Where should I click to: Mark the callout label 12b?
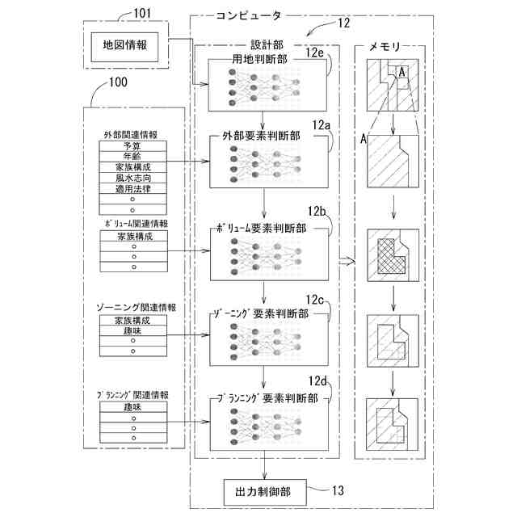[316, 212]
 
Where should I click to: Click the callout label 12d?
[317, 381]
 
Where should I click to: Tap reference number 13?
[337, 489]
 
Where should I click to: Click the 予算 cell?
[133, 145]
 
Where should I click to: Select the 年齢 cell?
[133, 156]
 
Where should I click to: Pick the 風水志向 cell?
[133, 178]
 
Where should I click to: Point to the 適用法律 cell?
[133, 189]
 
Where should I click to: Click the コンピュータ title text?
[249, 15]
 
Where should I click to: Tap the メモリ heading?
[386, 48]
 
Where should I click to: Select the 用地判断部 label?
[259, 59]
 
